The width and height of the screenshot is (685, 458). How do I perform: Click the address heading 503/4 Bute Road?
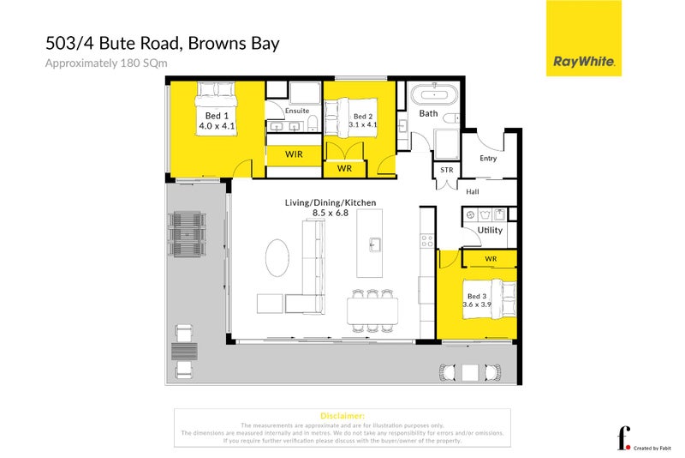point(163,43)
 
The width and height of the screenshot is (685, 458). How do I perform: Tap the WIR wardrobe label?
point(294,154)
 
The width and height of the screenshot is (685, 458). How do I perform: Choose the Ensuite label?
point(297,111)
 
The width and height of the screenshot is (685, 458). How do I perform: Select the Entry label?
point(488,158)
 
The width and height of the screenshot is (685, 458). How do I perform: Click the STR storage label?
point(446,171)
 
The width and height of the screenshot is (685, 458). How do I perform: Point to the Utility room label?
point(490,231)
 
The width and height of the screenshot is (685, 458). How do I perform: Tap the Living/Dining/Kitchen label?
point(331,202)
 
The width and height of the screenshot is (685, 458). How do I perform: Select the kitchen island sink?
point(374,244)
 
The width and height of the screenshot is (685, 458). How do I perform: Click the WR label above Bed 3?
point(491,258)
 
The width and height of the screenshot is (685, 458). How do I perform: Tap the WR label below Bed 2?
point(344,169)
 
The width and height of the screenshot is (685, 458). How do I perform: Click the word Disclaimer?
point(342,415)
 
